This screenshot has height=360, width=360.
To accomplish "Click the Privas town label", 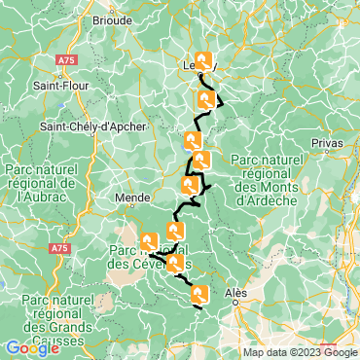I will coord(328,142).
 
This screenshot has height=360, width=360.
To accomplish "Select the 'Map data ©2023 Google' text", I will coord(300,352).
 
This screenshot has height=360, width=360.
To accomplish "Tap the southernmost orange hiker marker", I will coord(199,294).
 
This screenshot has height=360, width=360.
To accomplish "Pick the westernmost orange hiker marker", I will coord(149,241).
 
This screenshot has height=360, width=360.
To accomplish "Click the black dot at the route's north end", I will coord(199,75).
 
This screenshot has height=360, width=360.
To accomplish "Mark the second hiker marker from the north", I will coord(206,99).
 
